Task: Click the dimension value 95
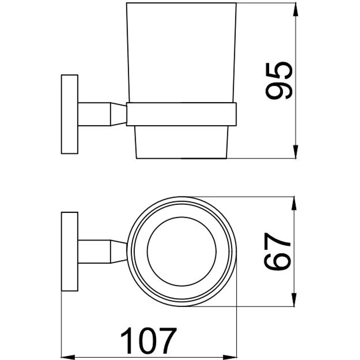279,81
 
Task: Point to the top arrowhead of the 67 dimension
295,203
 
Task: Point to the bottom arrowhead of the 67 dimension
295,300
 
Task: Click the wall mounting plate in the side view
69,114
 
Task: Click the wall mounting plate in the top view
69,252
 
